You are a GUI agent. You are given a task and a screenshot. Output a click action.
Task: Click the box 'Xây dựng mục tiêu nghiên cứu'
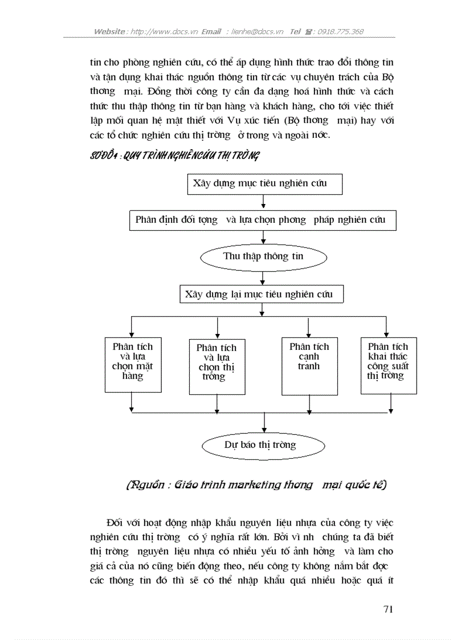(x=264, y=184)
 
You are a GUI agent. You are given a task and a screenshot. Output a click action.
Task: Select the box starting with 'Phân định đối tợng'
(x=261, y=220)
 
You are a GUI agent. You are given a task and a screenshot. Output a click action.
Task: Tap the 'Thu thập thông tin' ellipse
(x=263, y=256)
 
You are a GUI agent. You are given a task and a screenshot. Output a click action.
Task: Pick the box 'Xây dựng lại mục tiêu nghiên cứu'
(x=262, y=294)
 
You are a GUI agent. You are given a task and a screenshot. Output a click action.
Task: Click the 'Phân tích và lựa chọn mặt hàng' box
(x=133, y=364)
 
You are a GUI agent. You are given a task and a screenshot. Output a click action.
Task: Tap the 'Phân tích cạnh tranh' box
(x=309, y=366)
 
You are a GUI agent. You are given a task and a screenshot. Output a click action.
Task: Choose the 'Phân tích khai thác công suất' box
(x=388, y=365)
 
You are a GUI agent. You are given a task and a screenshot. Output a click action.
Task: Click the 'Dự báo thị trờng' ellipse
(x=264, y=445)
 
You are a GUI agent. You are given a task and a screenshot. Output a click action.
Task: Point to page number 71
(x=388, y=609)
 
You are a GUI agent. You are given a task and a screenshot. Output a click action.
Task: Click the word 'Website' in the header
(x=109, y=32)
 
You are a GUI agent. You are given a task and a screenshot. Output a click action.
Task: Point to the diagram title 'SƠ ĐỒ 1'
(x=104, y=156)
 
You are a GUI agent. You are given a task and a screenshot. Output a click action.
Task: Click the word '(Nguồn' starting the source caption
(x=143, y=485)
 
